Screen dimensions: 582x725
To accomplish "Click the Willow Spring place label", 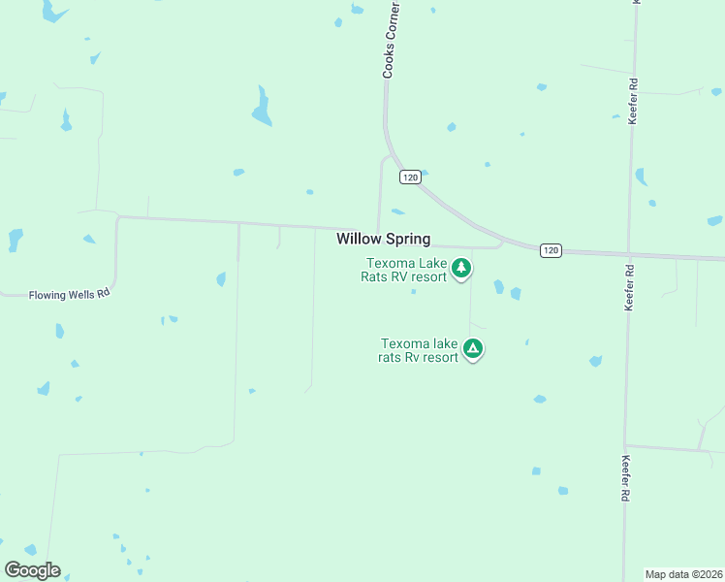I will pyautogui.click(x=383, y=239).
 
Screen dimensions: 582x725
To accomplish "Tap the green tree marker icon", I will pyautogui.click(x=461, y=268).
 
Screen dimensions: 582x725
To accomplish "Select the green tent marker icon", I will pyautogui.click(x=472, y=348).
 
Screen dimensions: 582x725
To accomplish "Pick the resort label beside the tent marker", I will pyautogui.click(x=419, y=350).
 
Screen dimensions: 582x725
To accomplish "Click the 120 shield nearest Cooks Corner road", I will pyautogui.click(x=410, y=178).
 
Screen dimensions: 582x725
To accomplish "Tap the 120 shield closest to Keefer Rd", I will pyautogui.click(x=551, y=250).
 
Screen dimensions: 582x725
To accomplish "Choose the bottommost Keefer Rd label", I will pyautogui.click(x=627, y=477).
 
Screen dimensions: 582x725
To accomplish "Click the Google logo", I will pyautogui.click(x=32, y=570).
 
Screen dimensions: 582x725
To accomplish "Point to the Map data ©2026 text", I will pyautogui.click(x=684, y=574).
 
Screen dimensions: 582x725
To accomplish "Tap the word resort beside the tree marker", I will pyautogui.click(x=428, y=276).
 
